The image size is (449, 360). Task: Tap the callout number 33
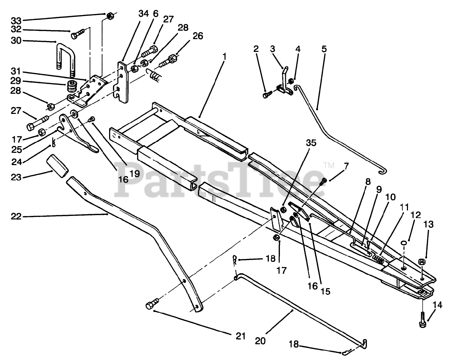(x=16, y=21)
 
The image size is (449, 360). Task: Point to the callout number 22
(x=16, y=217)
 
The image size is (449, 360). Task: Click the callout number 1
(x=224, y=56)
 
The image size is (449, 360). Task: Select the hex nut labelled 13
(x=422, y=261)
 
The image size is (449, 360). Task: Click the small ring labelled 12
(x=404, y=243)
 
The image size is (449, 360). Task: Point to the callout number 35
(x=311, y=143)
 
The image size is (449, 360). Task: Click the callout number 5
(x=324, y=49)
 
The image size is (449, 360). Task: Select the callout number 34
(x=143, y=14)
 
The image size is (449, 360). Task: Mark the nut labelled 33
(x=110, y=16)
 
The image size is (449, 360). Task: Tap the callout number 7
(x=346, y=166)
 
